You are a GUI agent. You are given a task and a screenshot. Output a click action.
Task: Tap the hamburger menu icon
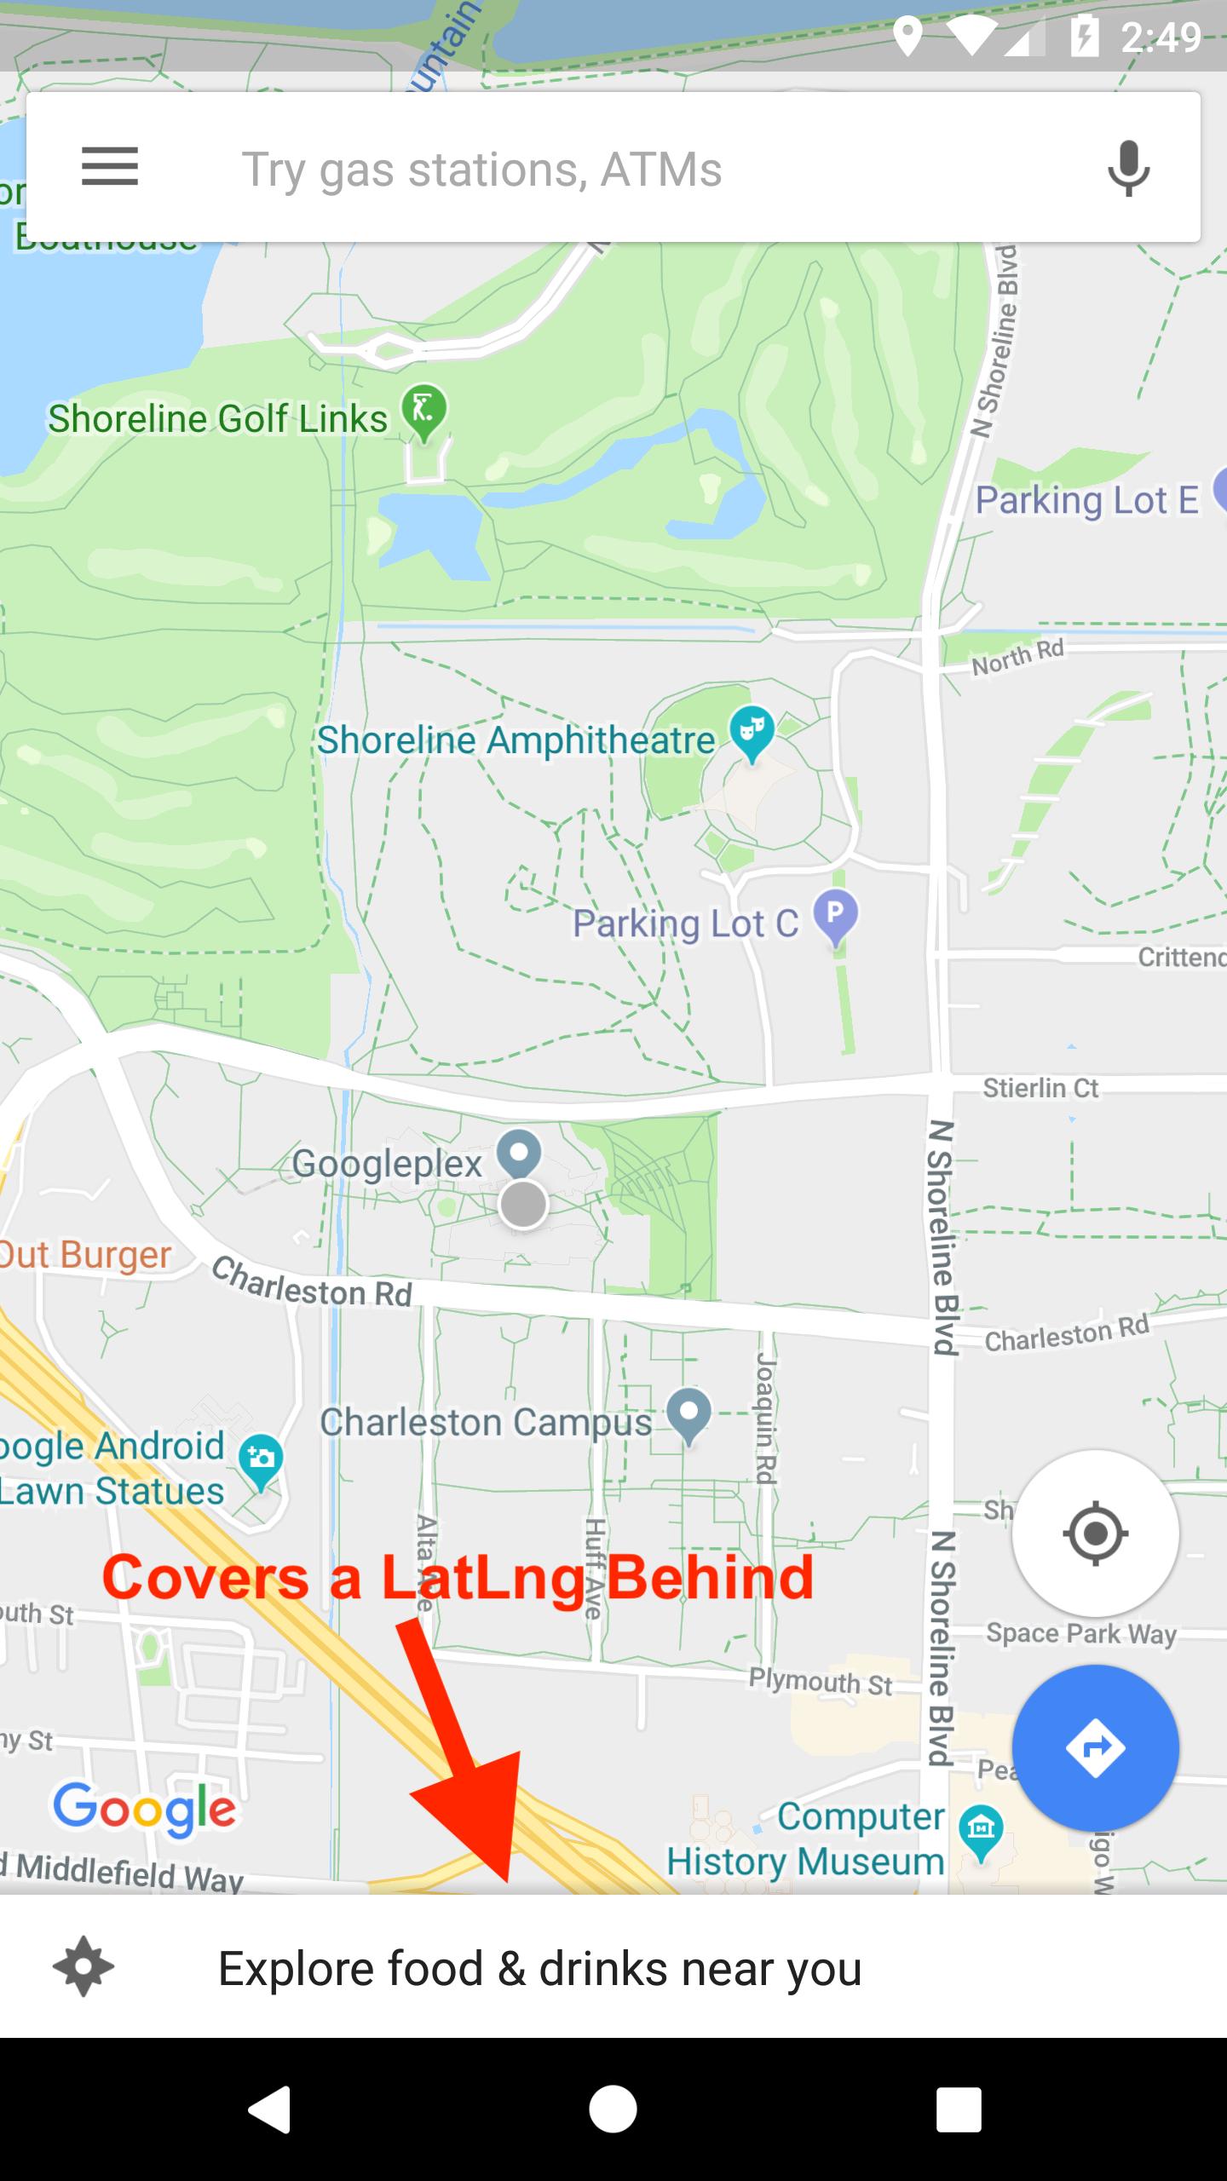[110, 166]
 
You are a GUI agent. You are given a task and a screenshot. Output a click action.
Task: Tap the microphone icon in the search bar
[1129, 168]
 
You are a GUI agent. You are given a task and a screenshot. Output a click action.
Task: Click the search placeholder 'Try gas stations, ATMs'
[482, 170]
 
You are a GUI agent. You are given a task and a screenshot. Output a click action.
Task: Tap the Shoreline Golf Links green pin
[424, 410]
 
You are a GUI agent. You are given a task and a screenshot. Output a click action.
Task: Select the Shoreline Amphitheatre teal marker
[752, 732]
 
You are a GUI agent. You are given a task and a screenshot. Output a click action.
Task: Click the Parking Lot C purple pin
[835, 914]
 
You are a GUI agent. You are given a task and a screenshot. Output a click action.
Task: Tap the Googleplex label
[388, 1164]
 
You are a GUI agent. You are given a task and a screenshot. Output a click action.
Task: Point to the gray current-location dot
[522, 1205]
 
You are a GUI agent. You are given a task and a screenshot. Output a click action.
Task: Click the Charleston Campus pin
[688, 1413]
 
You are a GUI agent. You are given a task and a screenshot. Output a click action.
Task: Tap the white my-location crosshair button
[1095, 1534]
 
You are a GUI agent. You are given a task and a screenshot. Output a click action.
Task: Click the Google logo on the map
[145, 1809]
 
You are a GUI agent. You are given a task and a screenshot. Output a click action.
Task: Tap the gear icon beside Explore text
[84, 1967]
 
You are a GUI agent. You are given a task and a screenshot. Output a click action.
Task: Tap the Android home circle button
[613, 2109]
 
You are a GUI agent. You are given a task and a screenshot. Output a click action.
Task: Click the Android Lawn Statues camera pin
[262, 1459]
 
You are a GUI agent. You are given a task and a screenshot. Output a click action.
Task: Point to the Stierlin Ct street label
[1041, 1088]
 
